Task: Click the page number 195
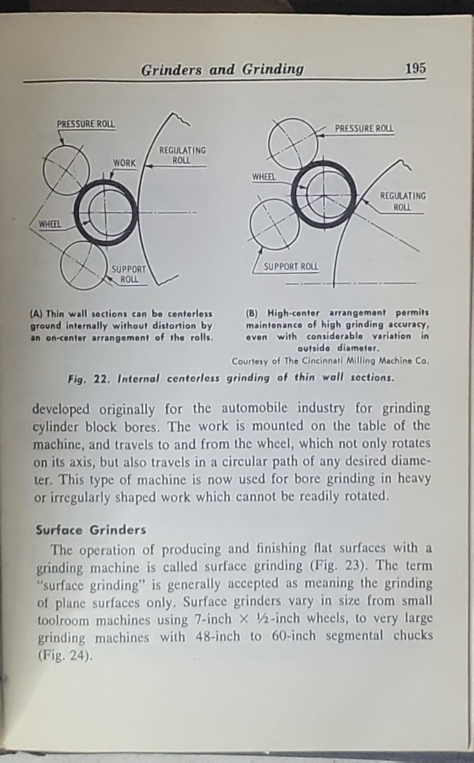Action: coord(415,68)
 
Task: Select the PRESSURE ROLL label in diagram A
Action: coord(86,124)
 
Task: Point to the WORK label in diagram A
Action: coord(125,163)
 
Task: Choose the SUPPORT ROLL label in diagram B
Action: coord(291,267)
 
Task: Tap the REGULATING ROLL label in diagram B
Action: coord(402,201)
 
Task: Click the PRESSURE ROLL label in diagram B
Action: coord(364,128)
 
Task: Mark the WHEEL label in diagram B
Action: coord(264,177)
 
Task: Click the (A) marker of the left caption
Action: coord(36,314)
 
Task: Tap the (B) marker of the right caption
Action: coord(252,313)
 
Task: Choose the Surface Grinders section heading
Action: coord(91,530)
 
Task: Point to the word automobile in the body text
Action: coord(254,408)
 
